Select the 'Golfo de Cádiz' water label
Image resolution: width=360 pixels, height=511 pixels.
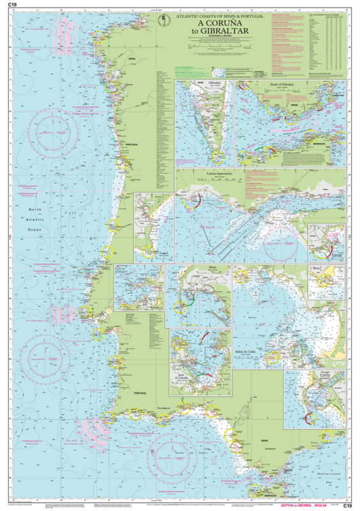click(185, 455)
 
